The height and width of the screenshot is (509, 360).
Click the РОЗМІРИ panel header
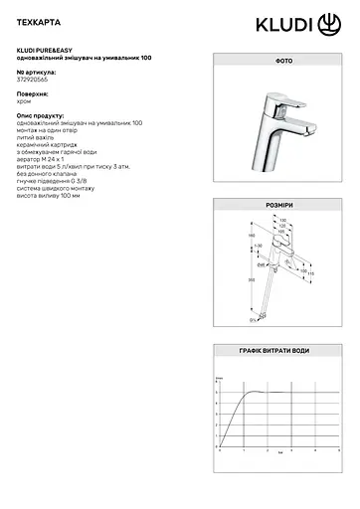coord(274,205)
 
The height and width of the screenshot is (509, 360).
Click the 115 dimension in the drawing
coord(309,274)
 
